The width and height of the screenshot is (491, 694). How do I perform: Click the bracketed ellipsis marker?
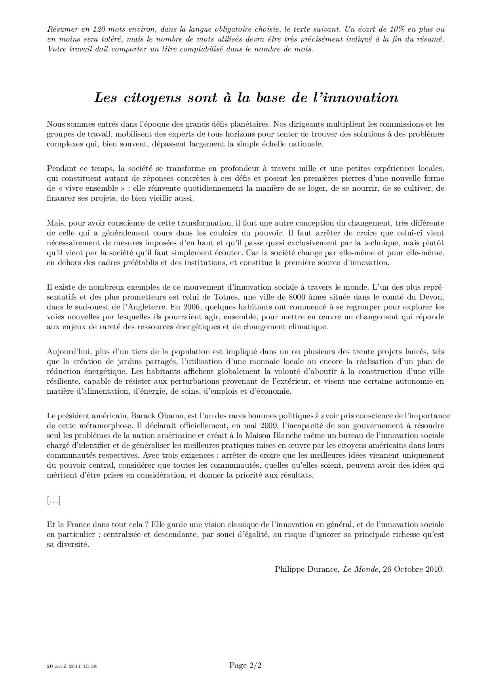53,501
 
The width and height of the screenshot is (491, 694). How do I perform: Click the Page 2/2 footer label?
246,665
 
